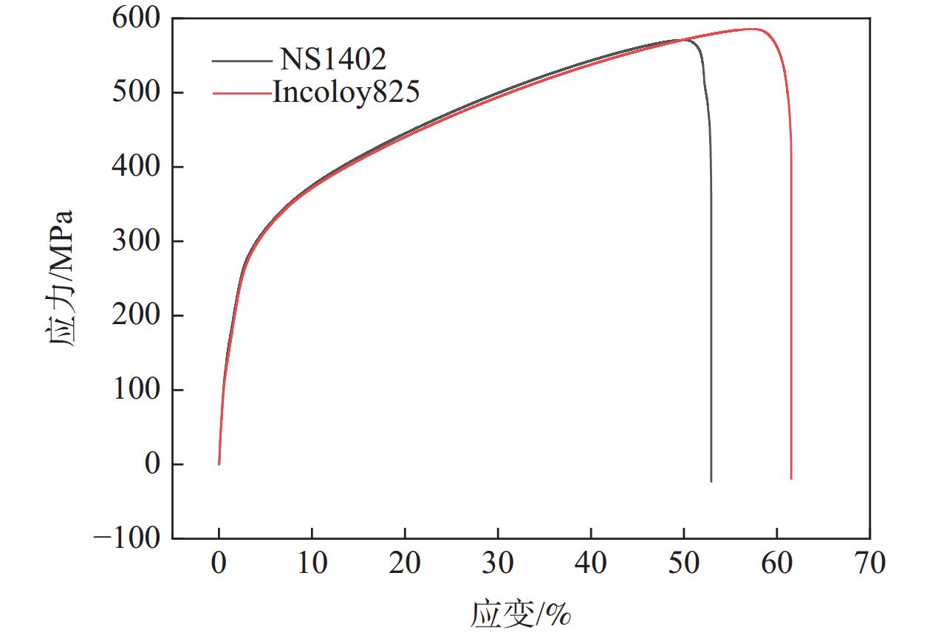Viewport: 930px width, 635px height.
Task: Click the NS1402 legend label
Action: point(332,58)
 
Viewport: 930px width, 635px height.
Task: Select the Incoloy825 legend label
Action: point(346,92)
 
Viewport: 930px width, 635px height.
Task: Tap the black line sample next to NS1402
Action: point(241,59)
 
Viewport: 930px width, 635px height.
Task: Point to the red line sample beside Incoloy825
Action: point(241,93)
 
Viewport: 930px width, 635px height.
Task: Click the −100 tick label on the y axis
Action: point(126,538)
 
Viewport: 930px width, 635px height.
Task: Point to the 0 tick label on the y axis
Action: point(152,464)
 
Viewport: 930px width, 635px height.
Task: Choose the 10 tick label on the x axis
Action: point(312,565)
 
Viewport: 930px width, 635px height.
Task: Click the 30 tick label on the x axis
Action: point(498,565)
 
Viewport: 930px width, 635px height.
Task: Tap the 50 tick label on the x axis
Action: point(684,565)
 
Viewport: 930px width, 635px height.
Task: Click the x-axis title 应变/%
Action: point(521,613)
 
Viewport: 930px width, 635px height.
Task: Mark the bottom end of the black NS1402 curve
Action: point(711,481)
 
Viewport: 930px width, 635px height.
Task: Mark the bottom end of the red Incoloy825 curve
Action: point(791,478)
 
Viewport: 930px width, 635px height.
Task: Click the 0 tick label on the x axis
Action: point(219,565)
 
